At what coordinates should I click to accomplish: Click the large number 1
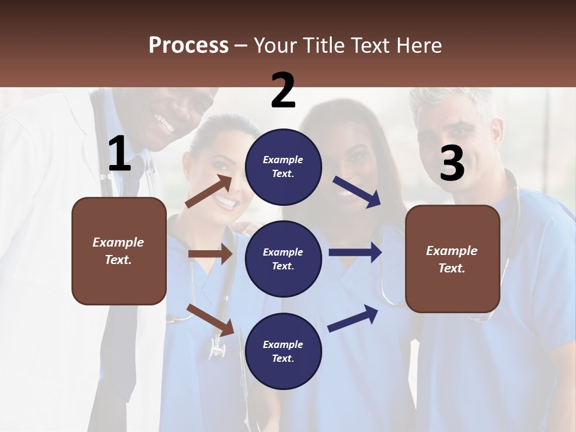click(119, 154)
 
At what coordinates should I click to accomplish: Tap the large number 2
click(283, 91)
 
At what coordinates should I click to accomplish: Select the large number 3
click(452, 163)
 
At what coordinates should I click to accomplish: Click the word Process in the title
click(188, 45)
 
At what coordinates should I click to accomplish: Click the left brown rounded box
click(119, 251)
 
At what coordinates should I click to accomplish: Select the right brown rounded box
click(452, 259)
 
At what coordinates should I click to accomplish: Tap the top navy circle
click(283, 167)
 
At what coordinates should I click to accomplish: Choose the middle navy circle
click(283, 259)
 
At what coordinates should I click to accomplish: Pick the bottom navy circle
click(283, 351)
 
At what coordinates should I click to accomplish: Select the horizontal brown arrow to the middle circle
click(210, 254)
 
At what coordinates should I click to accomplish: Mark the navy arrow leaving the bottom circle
click(353, 318)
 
